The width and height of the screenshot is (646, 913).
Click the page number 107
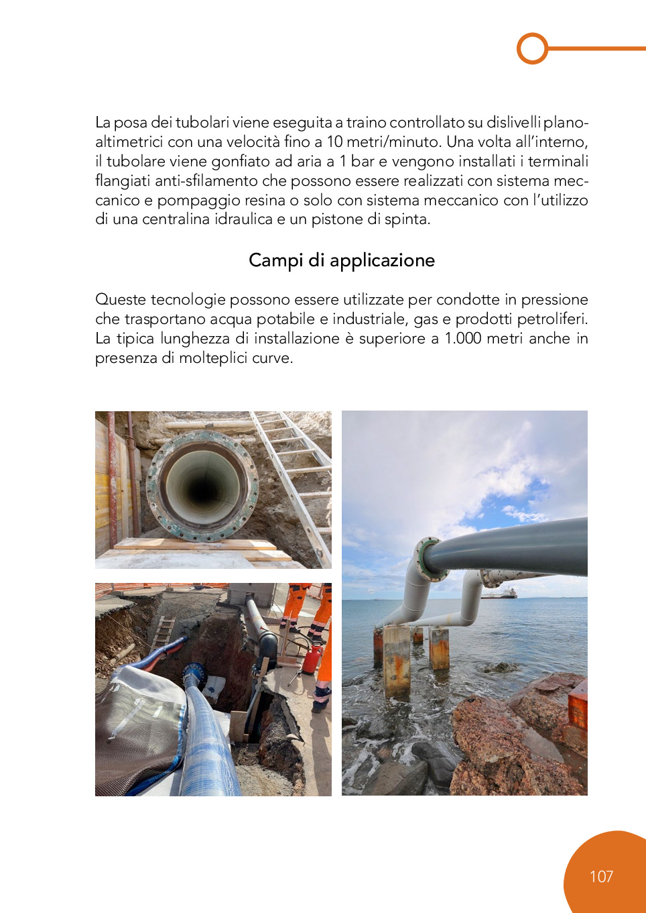coord(601,876)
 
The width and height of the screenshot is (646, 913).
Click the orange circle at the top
coord(533,48)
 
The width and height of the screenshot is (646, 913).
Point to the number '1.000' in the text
coord(463,338)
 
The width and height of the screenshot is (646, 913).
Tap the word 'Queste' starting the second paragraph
coord(121,299)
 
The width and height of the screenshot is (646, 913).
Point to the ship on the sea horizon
coord(500,593)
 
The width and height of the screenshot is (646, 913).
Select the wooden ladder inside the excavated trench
coord(162,633)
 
